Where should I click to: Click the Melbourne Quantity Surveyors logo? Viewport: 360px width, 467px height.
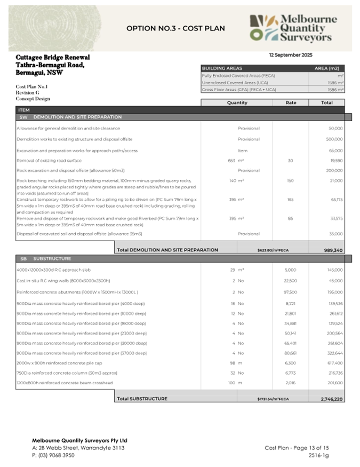point(293,28)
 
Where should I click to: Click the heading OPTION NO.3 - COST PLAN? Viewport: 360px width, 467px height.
point(175,28)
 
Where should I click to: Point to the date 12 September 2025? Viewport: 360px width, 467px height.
point(291,55)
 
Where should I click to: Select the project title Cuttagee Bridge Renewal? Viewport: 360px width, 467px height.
point(53,57)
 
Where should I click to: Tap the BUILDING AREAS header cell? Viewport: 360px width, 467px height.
point(222,68)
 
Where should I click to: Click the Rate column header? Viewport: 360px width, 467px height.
point(290,102)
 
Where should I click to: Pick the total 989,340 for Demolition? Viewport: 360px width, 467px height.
point(333,250)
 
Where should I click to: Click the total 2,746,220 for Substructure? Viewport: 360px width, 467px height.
point(332,399)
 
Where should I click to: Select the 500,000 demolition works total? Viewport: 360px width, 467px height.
point(334,139)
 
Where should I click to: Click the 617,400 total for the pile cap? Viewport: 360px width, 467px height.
point(334,363)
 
